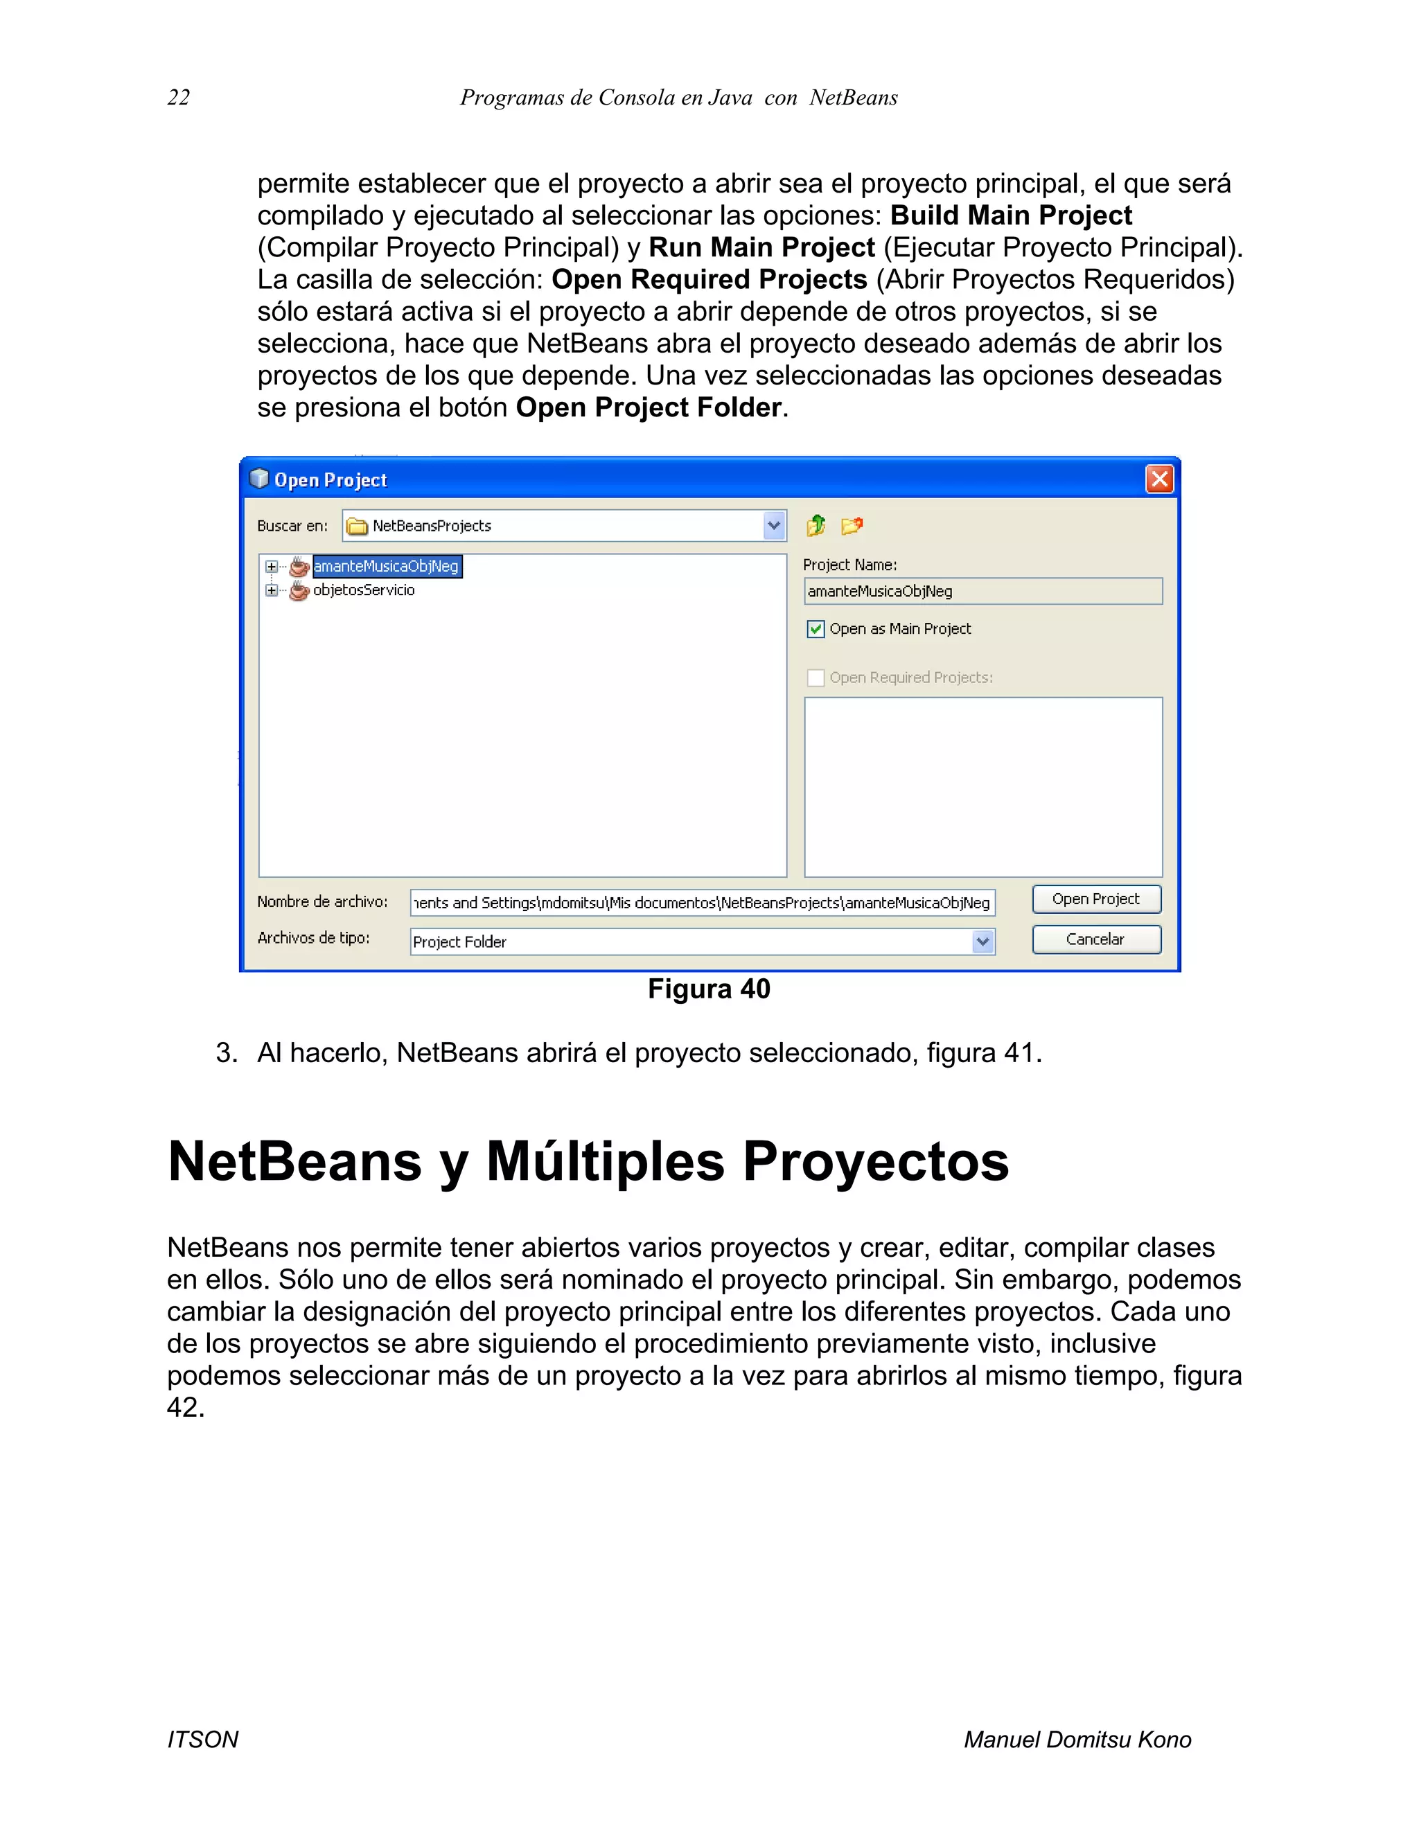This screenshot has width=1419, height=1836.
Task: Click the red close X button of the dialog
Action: coord(1159,479)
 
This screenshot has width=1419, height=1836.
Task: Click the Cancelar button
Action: coord(1096,939)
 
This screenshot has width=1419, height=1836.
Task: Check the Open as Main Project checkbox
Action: coord(816,629)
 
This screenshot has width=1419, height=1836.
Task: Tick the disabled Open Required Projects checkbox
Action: coord(816,678)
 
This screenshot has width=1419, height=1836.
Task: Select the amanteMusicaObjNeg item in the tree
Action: coord(386,567)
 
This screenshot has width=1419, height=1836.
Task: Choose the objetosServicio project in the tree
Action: coord(363,590)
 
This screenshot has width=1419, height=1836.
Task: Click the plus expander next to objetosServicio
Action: coord(271,590)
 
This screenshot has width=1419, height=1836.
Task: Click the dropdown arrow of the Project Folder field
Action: coord(982,942)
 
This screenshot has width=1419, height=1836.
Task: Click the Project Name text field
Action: coord(982,591)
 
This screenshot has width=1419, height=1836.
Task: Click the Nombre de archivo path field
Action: coord(702,903)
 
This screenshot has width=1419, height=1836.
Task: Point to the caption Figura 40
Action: coord(709,989)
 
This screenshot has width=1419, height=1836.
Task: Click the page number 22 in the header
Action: coord(178,98)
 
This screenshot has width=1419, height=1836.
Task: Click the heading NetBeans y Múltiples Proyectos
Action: coord(588,1162)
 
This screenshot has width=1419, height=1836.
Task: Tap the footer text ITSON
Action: coord(202,1739)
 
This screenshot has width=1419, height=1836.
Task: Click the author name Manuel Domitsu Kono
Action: coord(1077,1739)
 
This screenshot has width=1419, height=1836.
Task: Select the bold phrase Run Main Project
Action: coord(761,248)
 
